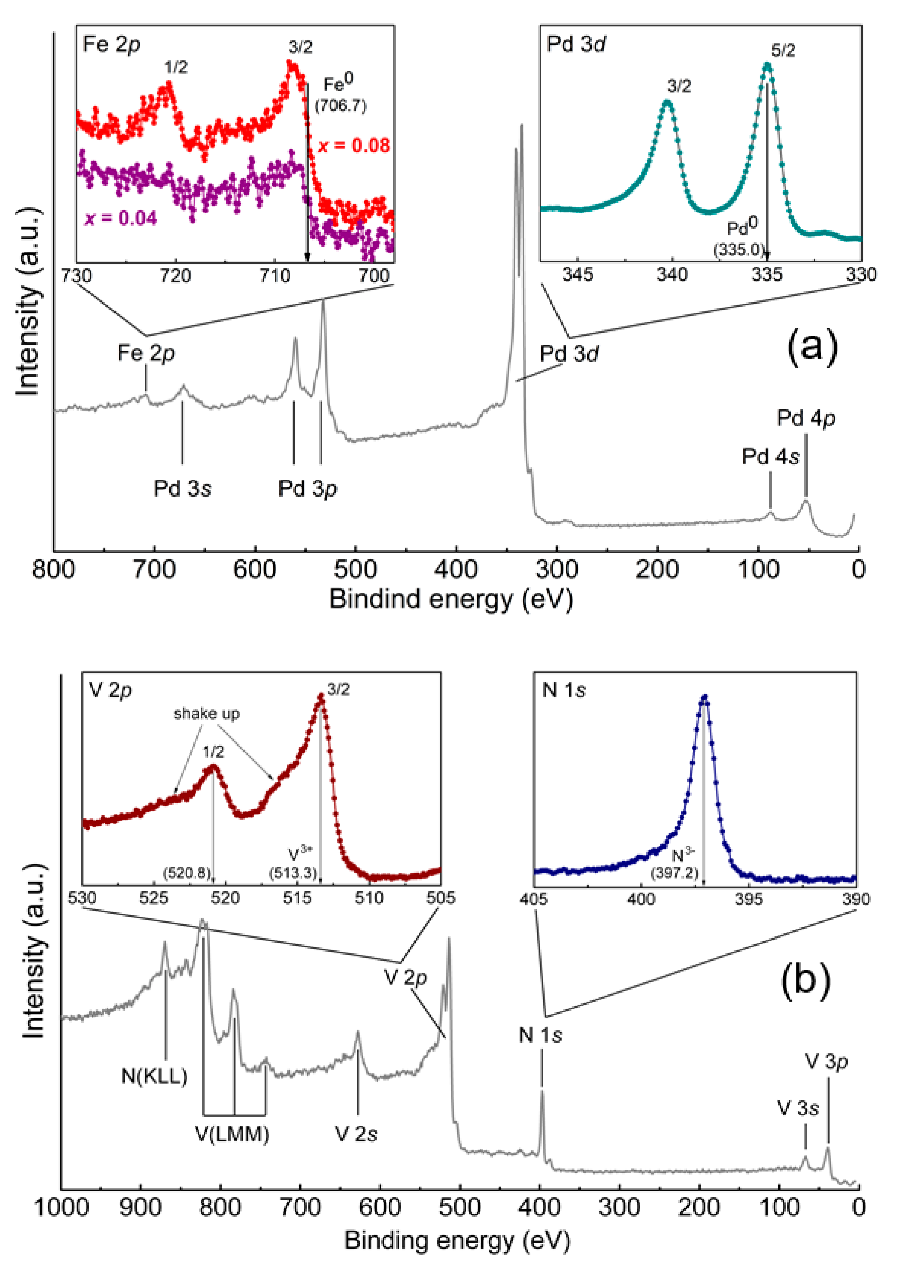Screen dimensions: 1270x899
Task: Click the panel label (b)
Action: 805,979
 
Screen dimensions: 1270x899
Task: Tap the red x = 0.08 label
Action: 354,146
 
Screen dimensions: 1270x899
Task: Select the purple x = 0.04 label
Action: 121,218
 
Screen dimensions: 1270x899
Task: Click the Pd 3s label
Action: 182,489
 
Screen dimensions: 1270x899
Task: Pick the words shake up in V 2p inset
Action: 206,714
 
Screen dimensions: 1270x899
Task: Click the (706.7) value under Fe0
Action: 340,106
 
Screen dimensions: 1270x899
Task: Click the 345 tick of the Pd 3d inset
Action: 577,275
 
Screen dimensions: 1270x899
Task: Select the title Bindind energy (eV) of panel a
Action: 451,600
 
